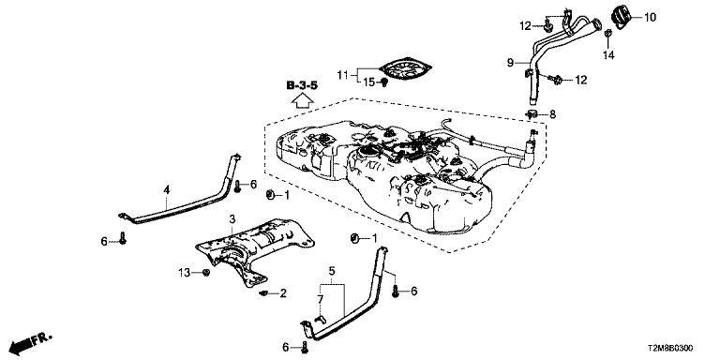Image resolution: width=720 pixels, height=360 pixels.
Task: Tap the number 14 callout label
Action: (x=608, y=55)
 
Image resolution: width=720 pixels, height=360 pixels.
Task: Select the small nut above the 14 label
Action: (x=607, y=34)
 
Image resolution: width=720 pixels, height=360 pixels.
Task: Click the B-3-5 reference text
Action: (x=302, y=85)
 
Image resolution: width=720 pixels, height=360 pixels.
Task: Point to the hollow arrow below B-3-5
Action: (x=302, y=100)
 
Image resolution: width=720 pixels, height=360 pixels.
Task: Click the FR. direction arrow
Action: (x=31, y=341)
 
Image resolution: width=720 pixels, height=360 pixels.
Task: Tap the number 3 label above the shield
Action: (x=232, y=218)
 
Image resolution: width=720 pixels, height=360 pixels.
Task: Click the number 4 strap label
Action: (x=167, y=189)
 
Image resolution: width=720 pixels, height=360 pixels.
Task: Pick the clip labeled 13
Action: (x=206, y=272)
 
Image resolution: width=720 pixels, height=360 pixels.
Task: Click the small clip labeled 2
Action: (x=264, y=292)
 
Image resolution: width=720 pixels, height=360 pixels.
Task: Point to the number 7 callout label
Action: (x=321, y=300)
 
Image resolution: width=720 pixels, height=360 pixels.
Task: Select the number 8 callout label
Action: (x=552, y=113)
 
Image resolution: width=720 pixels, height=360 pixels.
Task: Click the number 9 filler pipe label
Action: (x=510, y=63)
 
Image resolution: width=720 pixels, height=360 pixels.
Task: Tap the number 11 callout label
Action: (x=342, y=74)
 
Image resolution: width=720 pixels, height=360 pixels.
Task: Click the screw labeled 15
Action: (x=384, y=82)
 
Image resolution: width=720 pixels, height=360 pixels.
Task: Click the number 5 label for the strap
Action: (x=332, y=271)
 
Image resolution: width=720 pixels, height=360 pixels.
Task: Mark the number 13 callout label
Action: (x=184, y=273)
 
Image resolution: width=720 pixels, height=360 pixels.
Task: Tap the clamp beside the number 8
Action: (x=532, y=113)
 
